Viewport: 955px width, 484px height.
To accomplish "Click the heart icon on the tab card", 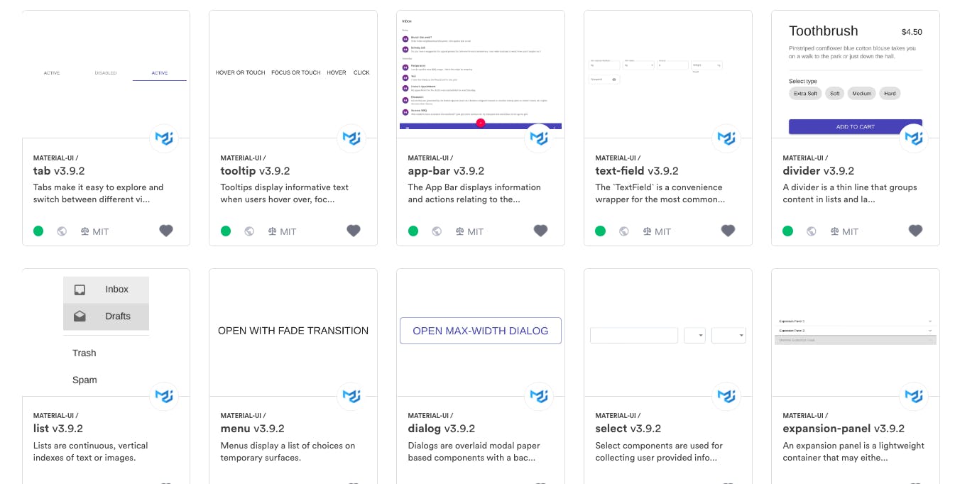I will (166, 231).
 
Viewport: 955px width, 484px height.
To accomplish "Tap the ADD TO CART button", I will (855, 126).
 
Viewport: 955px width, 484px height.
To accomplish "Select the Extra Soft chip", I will (805, 94).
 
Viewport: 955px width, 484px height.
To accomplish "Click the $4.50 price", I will (911, 32).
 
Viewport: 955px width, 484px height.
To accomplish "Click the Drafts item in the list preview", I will (117, 317).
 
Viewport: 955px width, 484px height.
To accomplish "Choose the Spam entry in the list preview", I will (84, 380).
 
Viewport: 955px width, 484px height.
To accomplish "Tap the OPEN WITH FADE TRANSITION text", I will (293, 331).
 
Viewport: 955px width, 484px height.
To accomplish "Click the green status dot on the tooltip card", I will (226, 231).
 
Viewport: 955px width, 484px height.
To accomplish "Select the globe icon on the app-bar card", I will (437, 231).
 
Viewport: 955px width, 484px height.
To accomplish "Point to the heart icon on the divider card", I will (915, 231).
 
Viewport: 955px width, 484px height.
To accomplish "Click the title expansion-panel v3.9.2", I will (843, 429).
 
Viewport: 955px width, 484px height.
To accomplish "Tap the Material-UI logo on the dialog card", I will (539, 396).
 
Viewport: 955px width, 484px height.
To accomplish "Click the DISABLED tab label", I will (105, 73).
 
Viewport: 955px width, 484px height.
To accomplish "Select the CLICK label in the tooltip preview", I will (361, 73).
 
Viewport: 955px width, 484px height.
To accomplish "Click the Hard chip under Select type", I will (890, 94).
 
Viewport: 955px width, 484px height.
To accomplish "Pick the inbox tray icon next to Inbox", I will (80, 290).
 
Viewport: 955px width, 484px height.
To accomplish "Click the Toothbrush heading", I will (823, 31).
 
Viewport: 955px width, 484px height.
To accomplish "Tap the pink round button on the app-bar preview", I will (481, 123).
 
